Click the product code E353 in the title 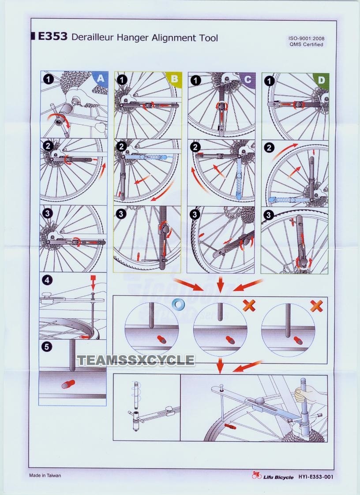click(x=52, y=36)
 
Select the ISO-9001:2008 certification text click(x=306, y=38)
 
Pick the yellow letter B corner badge click(x=174, y=78)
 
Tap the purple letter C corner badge click(x=248, y=79)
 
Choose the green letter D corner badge click(x=322, y=80)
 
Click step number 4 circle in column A click(x=47, y=280)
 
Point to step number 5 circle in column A click(x=46, y=346)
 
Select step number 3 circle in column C click(x=195, y=214)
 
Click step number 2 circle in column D click(x=269, y=147)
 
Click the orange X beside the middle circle click(x=249, y=305)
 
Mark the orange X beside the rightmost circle click(x=316, y=306)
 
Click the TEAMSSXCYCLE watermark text click(x=136, y=360)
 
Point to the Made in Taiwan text click(x=45, y=476)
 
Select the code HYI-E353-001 click(x=316, y=476)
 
